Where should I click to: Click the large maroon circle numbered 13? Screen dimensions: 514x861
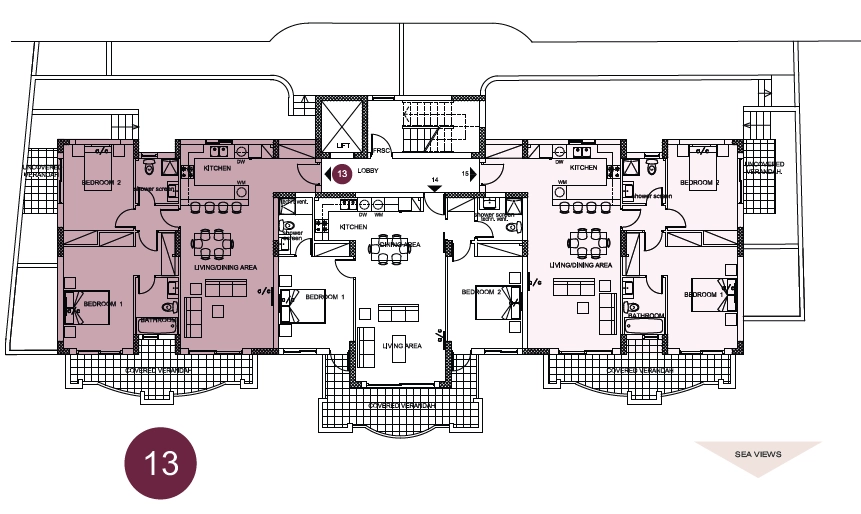160,463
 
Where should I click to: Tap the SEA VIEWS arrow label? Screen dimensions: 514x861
758,454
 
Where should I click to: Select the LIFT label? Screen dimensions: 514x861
343,147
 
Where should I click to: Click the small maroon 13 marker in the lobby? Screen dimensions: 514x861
341,174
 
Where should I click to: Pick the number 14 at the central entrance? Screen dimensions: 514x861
434,180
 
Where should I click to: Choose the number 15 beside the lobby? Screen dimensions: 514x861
464,174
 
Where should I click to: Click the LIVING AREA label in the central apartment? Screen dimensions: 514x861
402,345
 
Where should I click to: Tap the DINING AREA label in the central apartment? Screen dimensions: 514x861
399,243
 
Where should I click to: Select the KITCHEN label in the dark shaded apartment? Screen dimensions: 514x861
218,168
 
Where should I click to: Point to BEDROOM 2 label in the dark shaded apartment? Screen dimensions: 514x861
101,183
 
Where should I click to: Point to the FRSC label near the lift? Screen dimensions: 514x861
381,151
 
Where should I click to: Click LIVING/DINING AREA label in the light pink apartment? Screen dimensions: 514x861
581,265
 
